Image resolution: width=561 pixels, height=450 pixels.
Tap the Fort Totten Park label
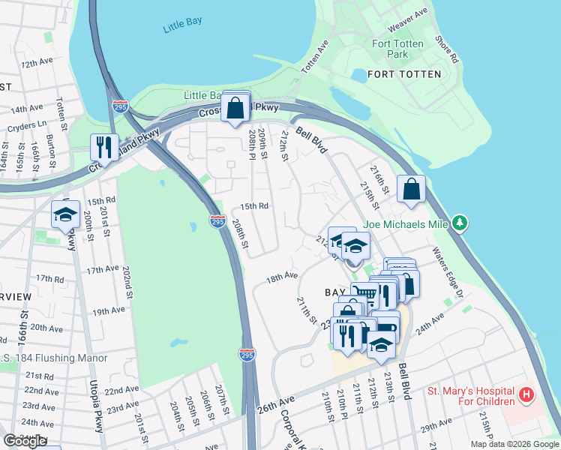click(397, 49)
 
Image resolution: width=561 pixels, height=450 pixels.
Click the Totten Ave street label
click(315, 57)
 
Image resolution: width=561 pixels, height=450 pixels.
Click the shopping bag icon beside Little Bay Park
click(235, 108)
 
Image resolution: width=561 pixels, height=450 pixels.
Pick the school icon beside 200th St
click(66, 214)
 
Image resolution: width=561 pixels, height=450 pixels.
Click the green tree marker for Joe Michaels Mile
click(462, 223)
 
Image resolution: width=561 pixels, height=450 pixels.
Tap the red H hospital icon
click(527, 394)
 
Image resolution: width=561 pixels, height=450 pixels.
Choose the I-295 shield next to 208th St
click(216, 222)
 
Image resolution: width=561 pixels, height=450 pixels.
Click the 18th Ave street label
click(282, 277)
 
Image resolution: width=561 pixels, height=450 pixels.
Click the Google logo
click(25, 441)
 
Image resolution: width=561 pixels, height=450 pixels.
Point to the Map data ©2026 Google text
click(514, 444)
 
